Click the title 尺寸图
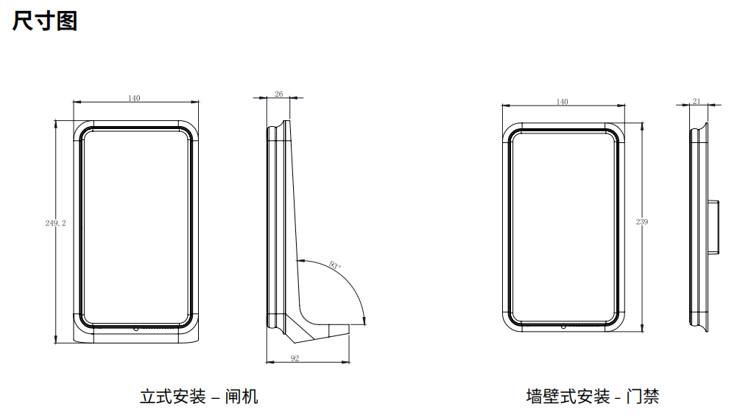[45, 21]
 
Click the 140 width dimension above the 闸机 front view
[135, 98]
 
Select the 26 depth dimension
[278, 94]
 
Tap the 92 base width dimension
[295, 358]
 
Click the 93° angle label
[336, 266]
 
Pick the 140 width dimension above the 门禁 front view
[563, 102]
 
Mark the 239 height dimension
[642, 221]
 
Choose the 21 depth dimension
[697, 101]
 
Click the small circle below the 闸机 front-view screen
[136, 329]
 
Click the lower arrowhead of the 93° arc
[364, 319]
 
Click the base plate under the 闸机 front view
[136, 338]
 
